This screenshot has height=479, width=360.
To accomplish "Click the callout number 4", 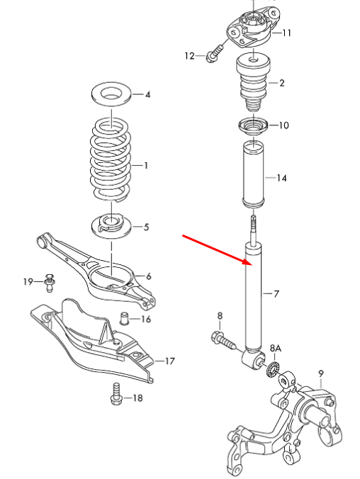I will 147,94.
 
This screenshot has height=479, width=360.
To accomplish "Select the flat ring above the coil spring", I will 111,93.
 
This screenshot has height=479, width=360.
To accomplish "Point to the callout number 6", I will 148,276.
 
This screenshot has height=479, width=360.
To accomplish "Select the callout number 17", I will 169,361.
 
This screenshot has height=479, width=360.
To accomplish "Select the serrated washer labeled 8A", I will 271,369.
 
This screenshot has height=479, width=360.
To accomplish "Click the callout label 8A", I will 276,348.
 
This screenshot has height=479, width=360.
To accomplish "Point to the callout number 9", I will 320,373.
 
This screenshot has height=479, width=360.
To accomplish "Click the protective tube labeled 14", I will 254,177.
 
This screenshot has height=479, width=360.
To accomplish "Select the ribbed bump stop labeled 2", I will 254,81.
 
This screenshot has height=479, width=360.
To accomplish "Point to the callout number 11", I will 286,33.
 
